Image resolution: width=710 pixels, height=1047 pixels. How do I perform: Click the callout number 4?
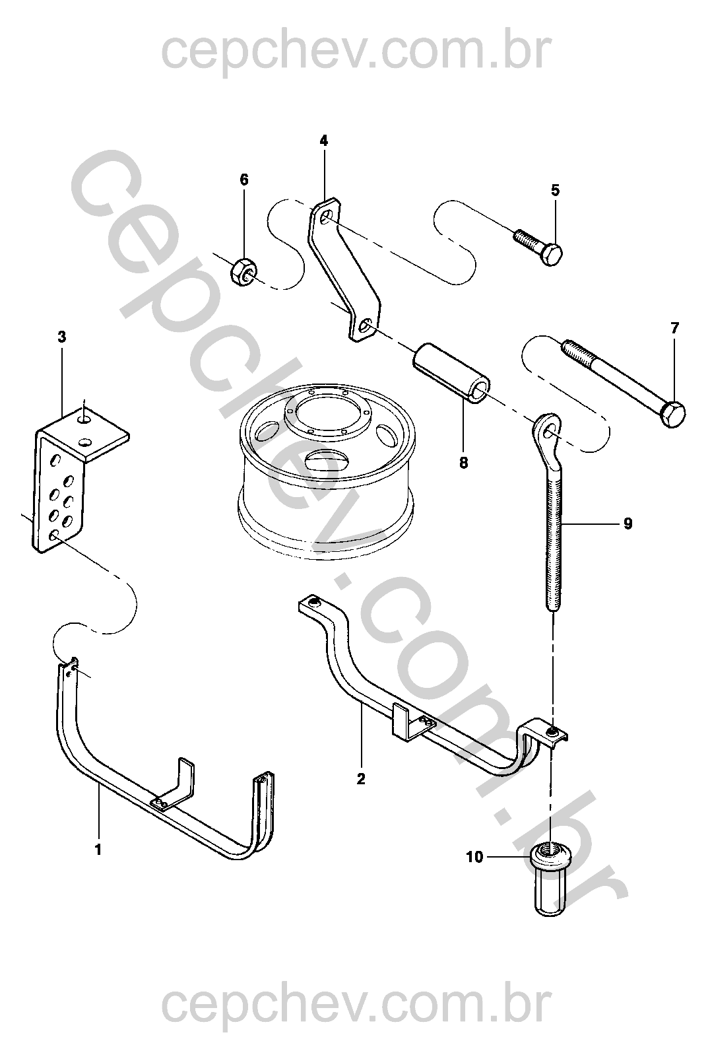tap(323, 141)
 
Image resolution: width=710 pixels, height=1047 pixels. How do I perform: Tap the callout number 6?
tap(244, 179)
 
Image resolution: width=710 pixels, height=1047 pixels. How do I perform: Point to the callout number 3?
tap(61, 337)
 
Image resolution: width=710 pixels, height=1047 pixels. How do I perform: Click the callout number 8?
tap(463, 463)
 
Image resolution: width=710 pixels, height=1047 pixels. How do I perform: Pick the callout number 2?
tap(360, 779)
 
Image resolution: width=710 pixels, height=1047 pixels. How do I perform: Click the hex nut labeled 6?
tap(243, 271)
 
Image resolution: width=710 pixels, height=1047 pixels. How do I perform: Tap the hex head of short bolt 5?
tap(552, 254)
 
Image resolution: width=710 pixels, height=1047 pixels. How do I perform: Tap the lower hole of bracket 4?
tap(366, 325)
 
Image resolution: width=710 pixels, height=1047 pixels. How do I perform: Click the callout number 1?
tap(98, 850)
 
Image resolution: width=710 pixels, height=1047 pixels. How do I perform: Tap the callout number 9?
tap(628, 523)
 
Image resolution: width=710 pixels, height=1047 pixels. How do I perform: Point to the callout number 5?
tap(555, 191)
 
